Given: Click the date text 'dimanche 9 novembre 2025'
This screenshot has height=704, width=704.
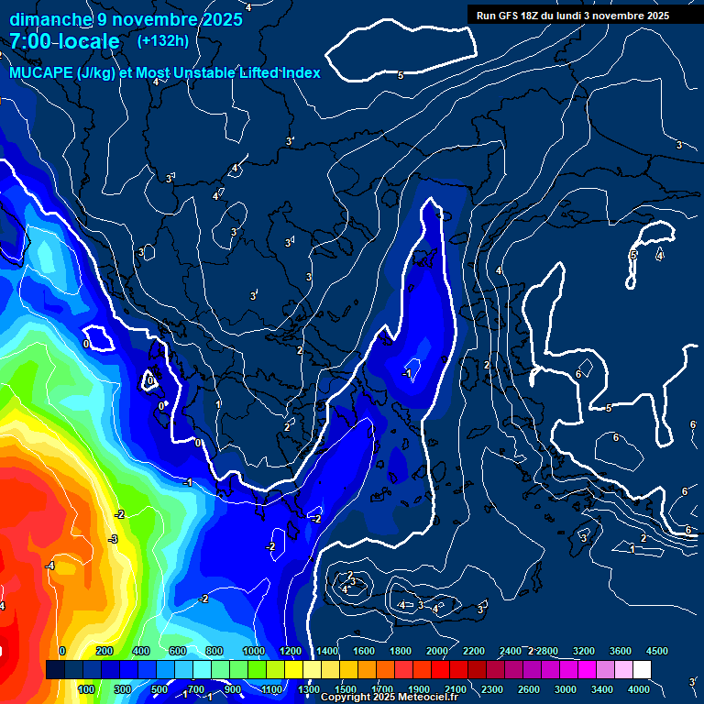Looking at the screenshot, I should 126,19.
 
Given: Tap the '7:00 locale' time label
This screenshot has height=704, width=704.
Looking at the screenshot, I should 64,41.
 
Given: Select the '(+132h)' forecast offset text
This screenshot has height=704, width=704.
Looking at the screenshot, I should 162,40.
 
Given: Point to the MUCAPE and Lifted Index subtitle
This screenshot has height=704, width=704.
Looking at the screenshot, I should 165,72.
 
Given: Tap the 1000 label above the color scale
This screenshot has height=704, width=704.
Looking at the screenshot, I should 254,651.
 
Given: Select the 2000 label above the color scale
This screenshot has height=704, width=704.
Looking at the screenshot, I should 437,651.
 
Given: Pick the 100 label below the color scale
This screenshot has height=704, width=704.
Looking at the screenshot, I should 87,689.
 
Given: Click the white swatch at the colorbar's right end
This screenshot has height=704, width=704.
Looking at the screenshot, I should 642,670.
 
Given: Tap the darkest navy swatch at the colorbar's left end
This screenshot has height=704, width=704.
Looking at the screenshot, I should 55,670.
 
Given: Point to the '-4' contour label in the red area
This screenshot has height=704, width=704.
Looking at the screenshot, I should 50,566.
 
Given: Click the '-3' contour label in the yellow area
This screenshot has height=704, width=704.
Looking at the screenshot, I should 113,539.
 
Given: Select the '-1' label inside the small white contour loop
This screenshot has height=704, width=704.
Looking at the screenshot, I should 407,373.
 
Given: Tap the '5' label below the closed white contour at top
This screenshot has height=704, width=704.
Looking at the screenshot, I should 401,75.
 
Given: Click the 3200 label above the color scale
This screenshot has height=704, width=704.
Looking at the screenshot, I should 584,651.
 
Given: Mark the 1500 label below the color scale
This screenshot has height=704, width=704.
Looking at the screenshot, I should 346,689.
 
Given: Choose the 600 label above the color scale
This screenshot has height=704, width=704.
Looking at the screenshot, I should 178,651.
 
